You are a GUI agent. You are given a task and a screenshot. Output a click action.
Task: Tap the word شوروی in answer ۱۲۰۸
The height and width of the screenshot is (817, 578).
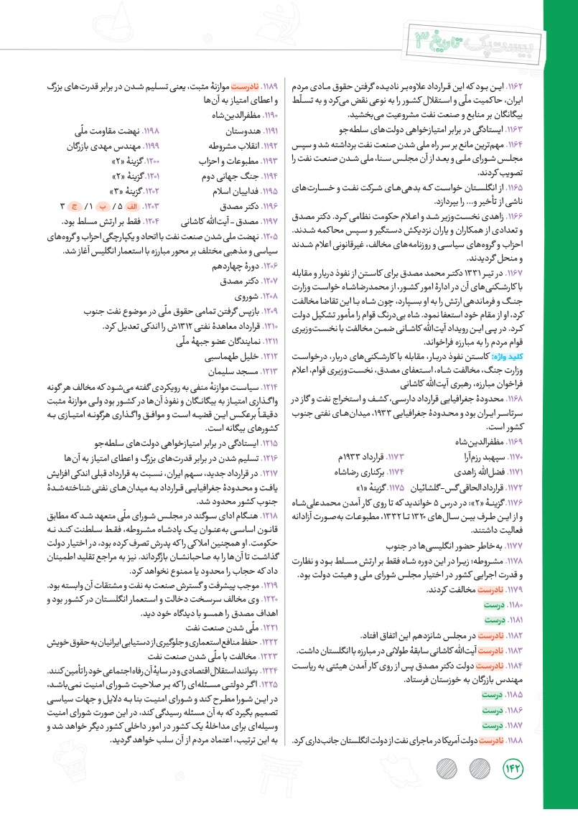click(242, 296)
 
